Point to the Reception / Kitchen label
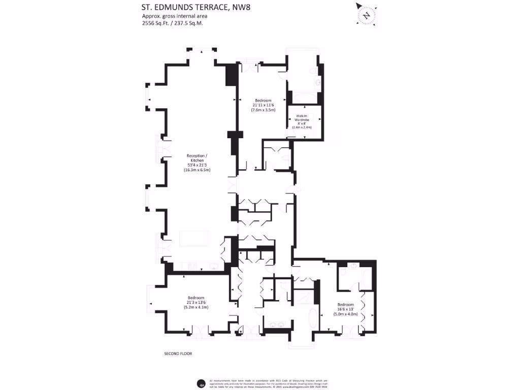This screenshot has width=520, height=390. click(x=197, y=157)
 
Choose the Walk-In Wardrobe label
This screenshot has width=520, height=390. click(x=304, y=119)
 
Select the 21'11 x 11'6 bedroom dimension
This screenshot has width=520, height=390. click(x=263, y=105)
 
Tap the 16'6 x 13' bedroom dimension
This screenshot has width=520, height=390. click(x=345, y=309)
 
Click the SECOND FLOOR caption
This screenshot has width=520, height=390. click(x=178, y=353)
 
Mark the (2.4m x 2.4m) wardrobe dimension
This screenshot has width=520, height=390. click(x=304, y=127)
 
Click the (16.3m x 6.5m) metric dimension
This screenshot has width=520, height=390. click(x=197, y=170)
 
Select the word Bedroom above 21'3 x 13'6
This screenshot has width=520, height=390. click(x=196, y=298)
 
